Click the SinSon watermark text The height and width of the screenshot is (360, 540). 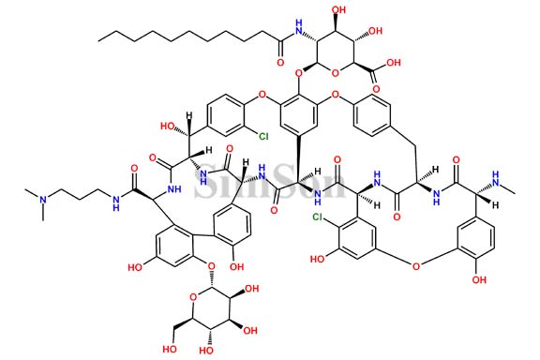(270, 180)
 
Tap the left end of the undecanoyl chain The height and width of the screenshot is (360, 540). (97, 35)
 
